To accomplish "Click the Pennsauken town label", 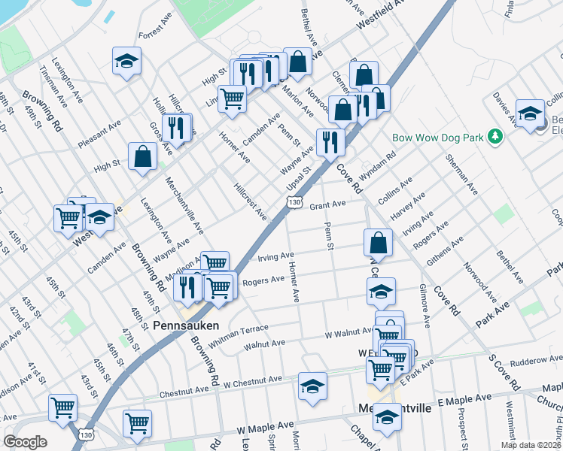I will (186, 326).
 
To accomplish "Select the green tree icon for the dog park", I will (495, 136).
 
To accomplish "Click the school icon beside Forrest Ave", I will (127, 62).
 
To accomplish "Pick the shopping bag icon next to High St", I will (142, 157).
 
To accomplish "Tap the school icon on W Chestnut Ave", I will (312, 386).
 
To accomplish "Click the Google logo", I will (25, 441).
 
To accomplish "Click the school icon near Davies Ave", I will (530, 113).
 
